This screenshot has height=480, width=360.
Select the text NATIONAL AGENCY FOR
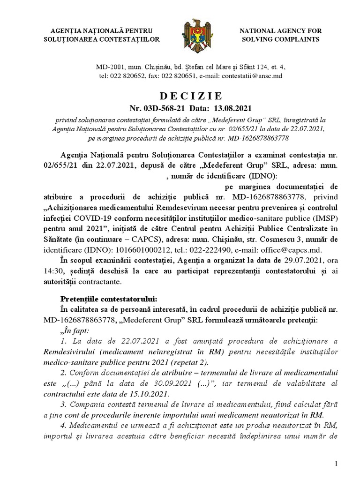tap(281, 31)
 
